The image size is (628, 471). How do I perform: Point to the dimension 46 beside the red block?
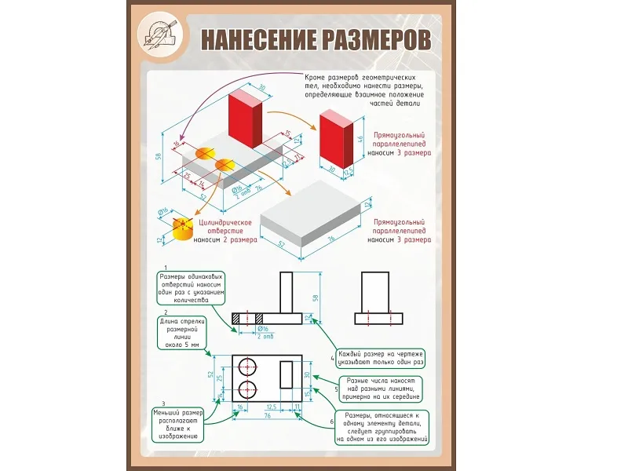(x=360, y=139)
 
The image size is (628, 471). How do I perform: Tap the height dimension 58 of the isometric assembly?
(x=159, y=155)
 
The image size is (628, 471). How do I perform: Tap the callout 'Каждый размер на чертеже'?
(x=380, y=359)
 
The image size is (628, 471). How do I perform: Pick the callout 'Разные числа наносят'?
(x=381, y=389)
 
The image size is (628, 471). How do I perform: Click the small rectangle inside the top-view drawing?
(x=287, y=374)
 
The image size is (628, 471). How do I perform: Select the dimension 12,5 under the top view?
(x=271, y=407)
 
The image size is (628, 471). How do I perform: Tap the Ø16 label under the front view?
(x=264, y=329)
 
